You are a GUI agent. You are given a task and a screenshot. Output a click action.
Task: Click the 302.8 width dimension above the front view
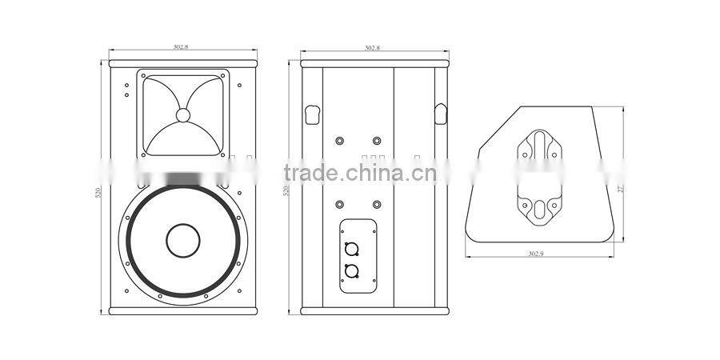point(181,47)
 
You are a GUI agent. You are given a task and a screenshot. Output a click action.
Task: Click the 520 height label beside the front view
point(98,192)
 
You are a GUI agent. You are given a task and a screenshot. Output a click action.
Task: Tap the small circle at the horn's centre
point(183,115)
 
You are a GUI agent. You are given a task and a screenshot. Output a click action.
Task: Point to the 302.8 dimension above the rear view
point(372,48)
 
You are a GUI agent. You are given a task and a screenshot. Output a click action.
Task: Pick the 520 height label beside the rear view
point(286,191)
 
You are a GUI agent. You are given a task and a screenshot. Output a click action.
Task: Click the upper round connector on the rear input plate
point(350,248)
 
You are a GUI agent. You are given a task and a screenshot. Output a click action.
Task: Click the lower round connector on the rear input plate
point(350,271)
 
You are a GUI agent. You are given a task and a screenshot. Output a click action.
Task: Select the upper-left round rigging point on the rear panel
point(341,141)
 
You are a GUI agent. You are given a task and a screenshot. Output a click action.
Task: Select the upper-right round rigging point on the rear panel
point(377,141)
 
